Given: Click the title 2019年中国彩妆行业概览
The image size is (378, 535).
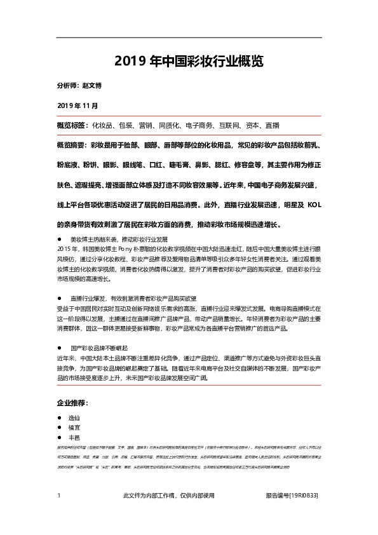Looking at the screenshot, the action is pos(189,61).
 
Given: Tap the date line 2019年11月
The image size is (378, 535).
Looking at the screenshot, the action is pos(78,104).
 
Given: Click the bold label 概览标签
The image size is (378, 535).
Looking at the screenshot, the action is pos(72,125).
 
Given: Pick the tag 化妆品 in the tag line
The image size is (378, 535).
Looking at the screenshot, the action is pos(104,125).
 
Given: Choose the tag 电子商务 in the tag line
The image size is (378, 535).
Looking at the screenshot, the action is pos(200,125).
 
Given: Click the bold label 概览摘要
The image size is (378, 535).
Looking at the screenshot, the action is pos(72,146).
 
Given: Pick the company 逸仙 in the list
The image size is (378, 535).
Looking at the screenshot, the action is pos(76,420).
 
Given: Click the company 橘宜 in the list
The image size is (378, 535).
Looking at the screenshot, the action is pos(76,430).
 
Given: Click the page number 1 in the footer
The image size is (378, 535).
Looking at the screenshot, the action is pos(58,496).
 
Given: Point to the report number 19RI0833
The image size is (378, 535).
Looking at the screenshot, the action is pos(304,496).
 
